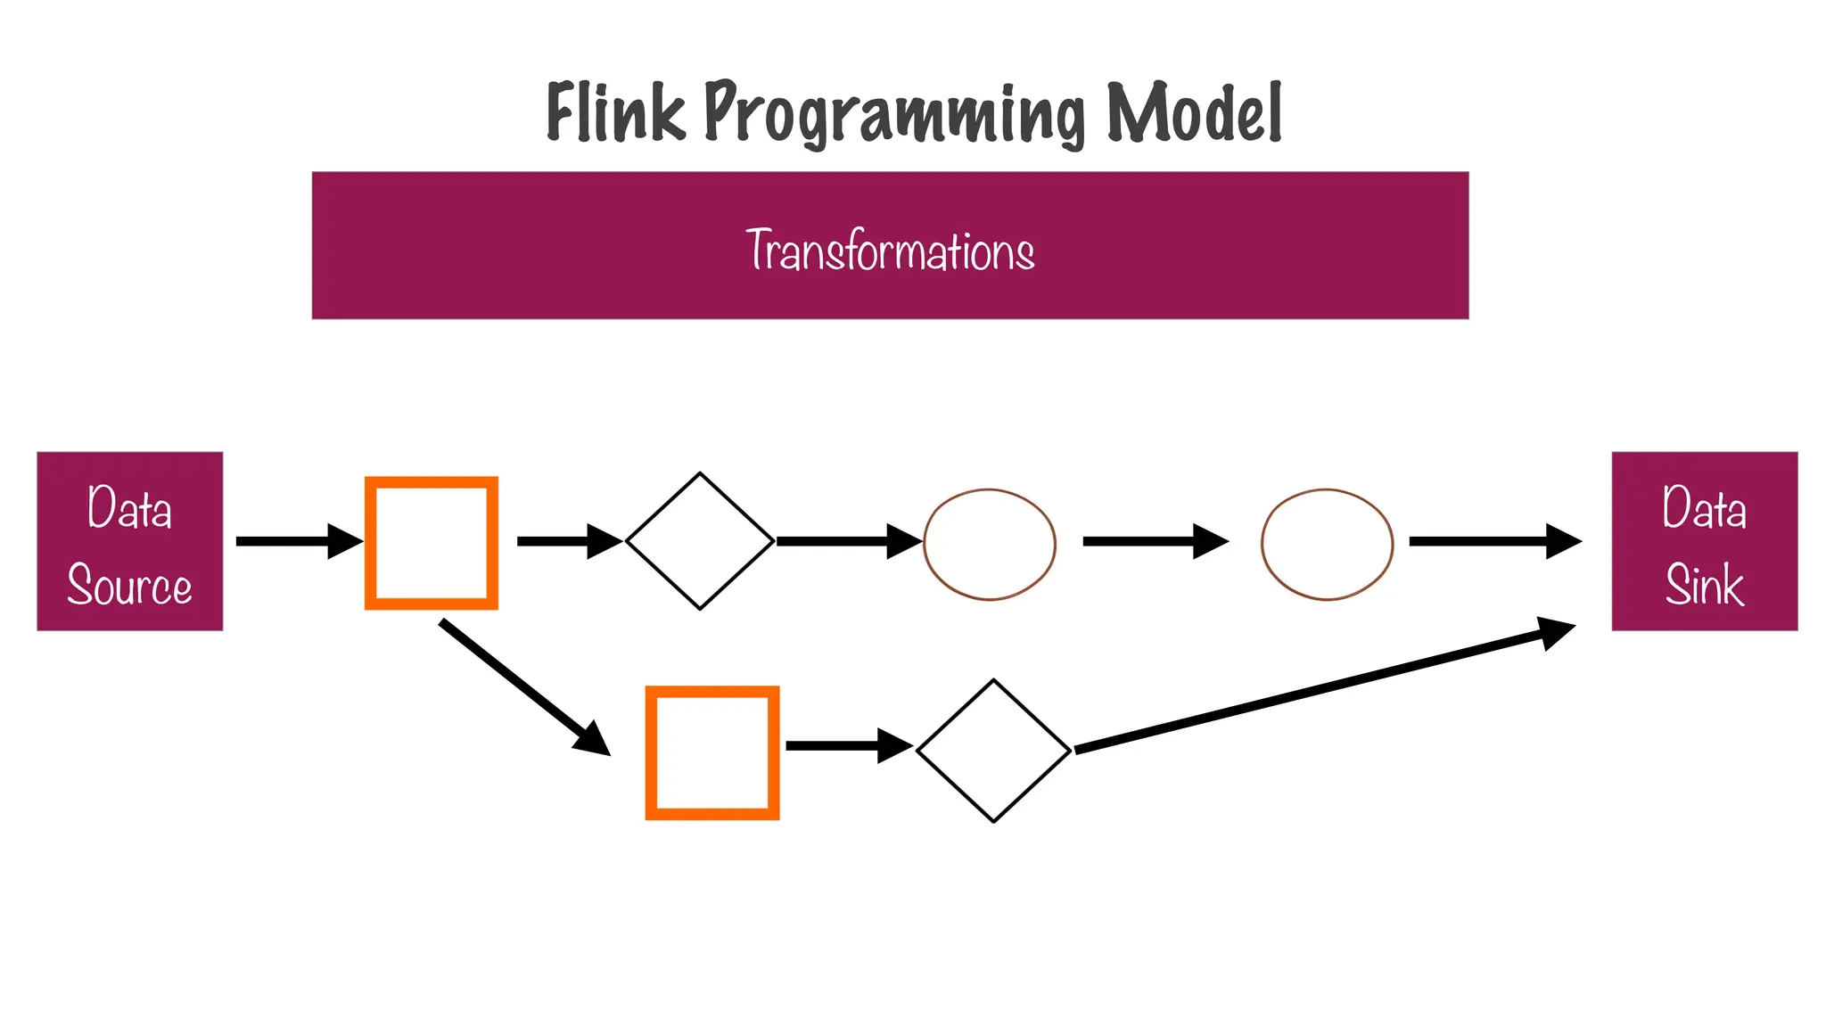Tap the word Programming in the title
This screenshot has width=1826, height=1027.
(x=894, y=114)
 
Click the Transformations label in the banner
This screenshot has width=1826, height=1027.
(x=890, y=251)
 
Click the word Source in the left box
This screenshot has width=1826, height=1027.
(x=130, y=586)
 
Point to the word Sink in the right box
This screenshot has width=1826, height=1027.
(x=1704, y=586)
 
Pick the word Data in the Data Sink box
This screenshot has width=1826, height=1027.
(x=1704, y=508)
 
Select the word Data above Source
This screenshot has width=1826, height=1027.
(x=130, y=508)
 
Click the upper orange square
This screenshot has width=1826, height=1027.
(x=432, y=543)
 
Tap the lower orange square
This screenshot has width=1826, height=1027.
(x=712, y=752)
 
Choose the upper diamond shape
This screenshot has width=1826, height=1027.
(x=700, y=541)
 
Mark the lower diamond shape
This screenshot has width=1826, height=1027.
(x=993, y=751)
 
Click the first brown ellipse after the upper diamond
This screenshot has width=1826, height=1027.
(x=990, y=544)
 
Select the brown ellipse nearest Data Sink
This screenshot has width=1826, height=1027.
(x=1327, y=544)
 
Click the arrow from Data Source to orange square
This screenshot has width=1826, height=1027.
(x=299, y=541)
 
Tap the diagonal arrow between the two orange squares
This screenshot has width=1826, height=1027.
(x=524, y=686)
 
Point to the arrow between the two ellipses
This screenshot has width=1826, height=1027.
(x=1155, y=541)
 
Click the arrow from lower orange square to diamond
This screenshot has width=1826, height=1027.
(x=847, y=745)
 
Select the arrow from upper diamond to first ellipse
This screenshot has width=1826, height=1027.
(x=847, y=541)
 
